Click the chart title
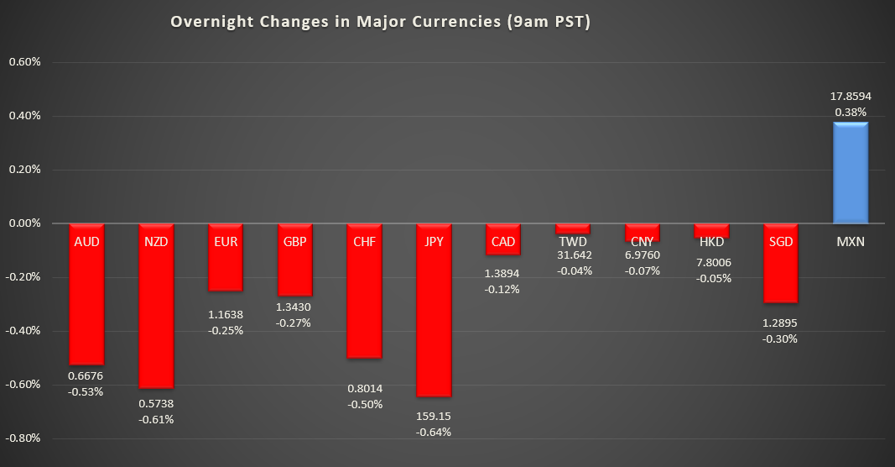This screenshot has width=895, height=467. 381,22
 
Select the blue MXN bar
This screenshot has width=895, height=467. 850,173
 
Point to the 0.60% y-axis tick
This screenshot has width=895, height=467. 23,62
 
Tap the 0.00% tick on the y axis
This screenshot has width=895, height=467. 23,223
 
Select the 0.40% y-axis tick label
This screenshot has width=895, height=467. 23,116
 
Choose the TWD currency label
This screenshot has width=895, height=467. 573,242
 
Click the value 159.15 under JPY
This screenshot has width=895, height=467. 434,417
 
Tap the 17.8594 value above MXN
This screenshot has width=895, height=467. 851,97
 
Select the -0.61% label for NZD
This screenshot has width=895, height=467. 156,419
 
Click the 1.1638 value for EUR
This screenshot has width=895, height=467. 226,315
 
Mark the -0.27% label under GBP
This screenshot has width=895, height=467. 294,323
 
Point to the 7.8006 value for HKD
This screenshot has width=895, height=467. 712,262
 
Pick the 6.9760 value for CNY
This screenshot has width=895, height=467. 643,255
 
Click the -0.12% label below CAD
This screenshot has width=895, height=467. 503,289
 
